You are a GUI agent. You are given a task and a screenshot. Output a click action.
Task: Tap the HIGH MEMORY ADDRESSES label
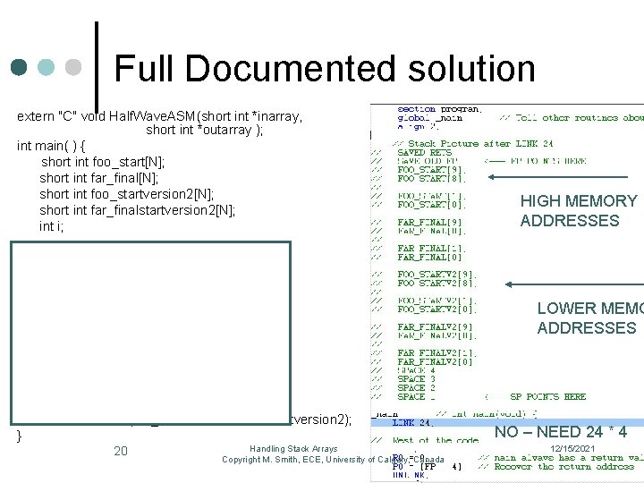(x=579, y=211)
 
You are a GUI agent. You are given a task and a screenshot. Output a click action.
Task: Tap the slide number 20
(x=122, y=451)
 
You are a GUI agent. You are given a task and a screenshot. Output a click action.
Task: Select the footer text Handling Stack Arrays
(x=293, y=448)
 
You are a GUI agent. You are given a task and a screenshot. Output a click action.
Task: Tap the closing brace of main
(x=20, y=436)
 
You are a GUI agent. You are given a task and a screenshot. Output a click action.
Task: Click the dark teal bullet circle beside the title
(x=19, y=68)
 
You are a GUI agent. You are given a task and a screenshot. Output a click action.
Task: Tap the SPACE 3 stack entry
(x=417, y=378)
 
